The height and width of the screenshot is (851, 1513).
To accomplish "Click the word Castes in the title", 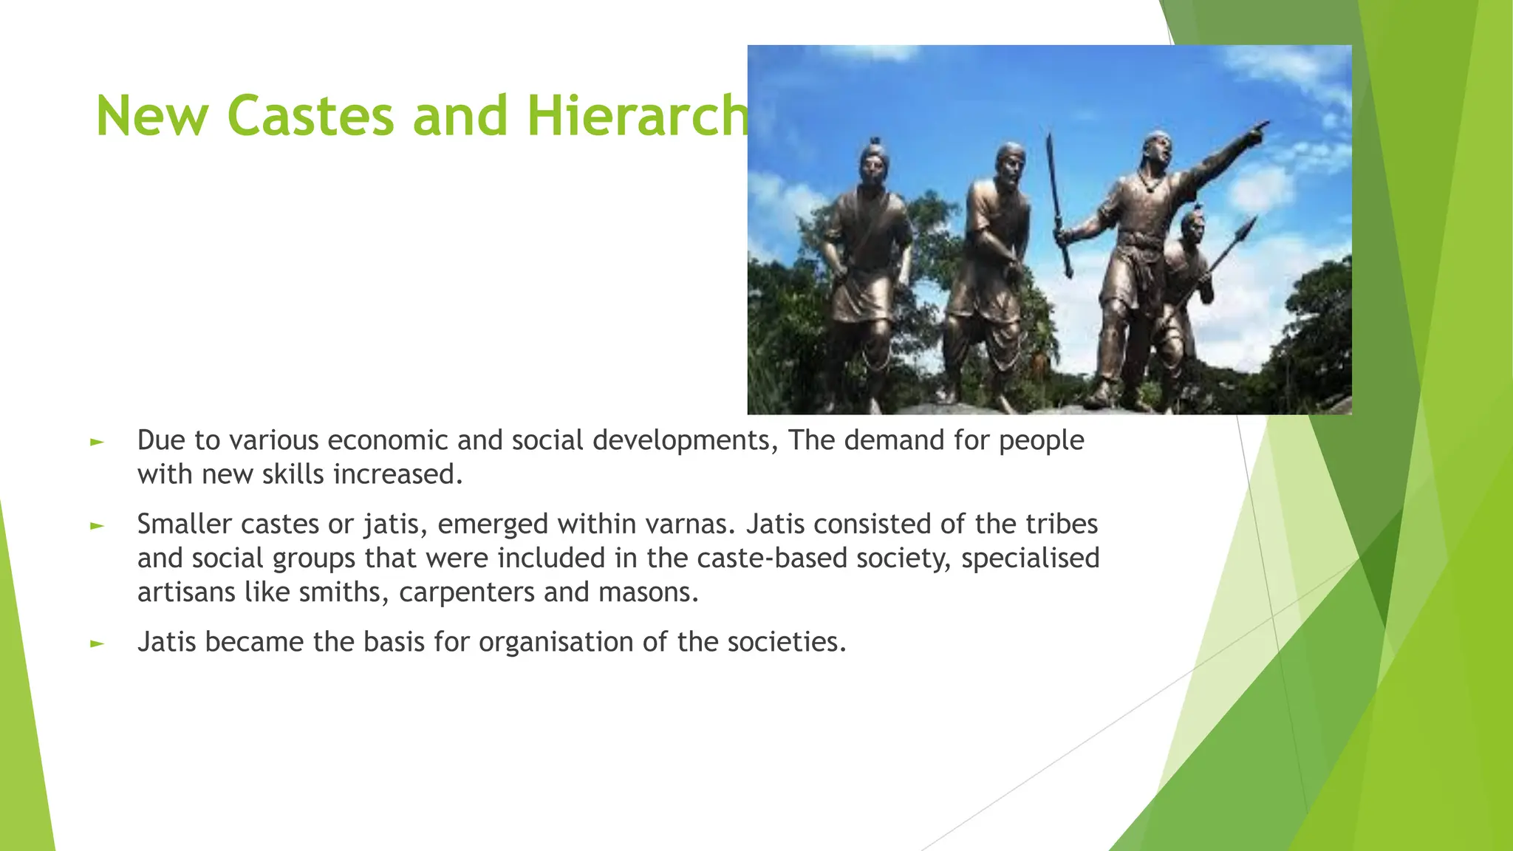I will (310, 117).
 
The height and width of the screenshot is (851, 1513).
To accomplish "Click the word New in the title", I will (151, 117).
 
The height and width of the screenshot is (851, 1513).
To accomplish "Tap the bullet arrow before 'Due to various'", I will (97, 442).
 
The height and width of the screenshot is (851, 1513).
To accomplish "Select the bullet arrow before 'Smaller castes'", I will (97, 526).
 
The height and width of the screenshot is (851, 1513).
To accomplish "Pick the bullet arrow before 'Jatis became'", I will (97, 643).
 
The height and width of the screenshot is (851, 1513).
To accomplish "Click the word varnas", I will (691, 524).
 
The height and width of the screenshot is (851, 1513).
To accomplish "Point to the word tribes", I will (1062, 524).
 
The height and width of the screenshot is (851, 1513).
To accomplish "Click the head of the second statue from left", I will (1009, 163).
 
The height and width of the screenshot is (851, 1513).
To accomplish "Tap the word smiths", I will (342, 592).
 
